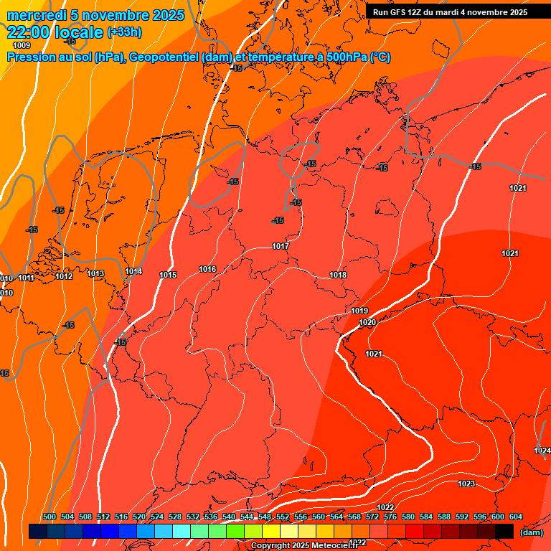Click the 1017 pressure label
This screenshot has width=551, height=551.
[281, 247]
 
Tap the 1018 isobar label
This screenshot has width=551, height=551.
[338, 275]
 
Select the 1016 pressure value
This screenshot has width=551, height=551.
[207, 270]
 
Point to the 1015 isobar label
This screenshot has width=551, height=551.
[168, 275]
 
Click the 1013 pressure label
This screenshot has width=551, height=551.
[95, 274]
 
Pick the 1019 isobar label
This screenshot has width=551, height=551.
[359, 311]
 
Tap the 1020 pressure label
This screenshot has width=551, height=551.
[367, 323]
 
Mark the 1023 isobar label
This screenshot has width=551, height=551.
[466, 484]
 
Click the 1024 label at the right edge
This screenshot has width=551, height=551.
[542, 451]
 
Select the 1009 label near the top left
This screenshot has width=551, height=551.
[22, 46]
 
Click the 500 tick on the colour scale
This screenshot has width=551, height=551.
[50, 517]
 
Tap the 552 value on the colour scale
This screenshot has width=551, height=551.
[283, 517]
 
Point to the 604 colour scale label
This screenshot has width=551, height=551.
[516, 517]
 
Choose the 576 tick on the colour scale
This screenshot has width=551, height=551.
[390, 517]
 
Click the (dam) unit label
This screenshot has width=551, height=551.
[531, 532]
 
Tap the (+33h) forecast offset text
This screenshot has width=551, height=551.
[124, 32]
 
